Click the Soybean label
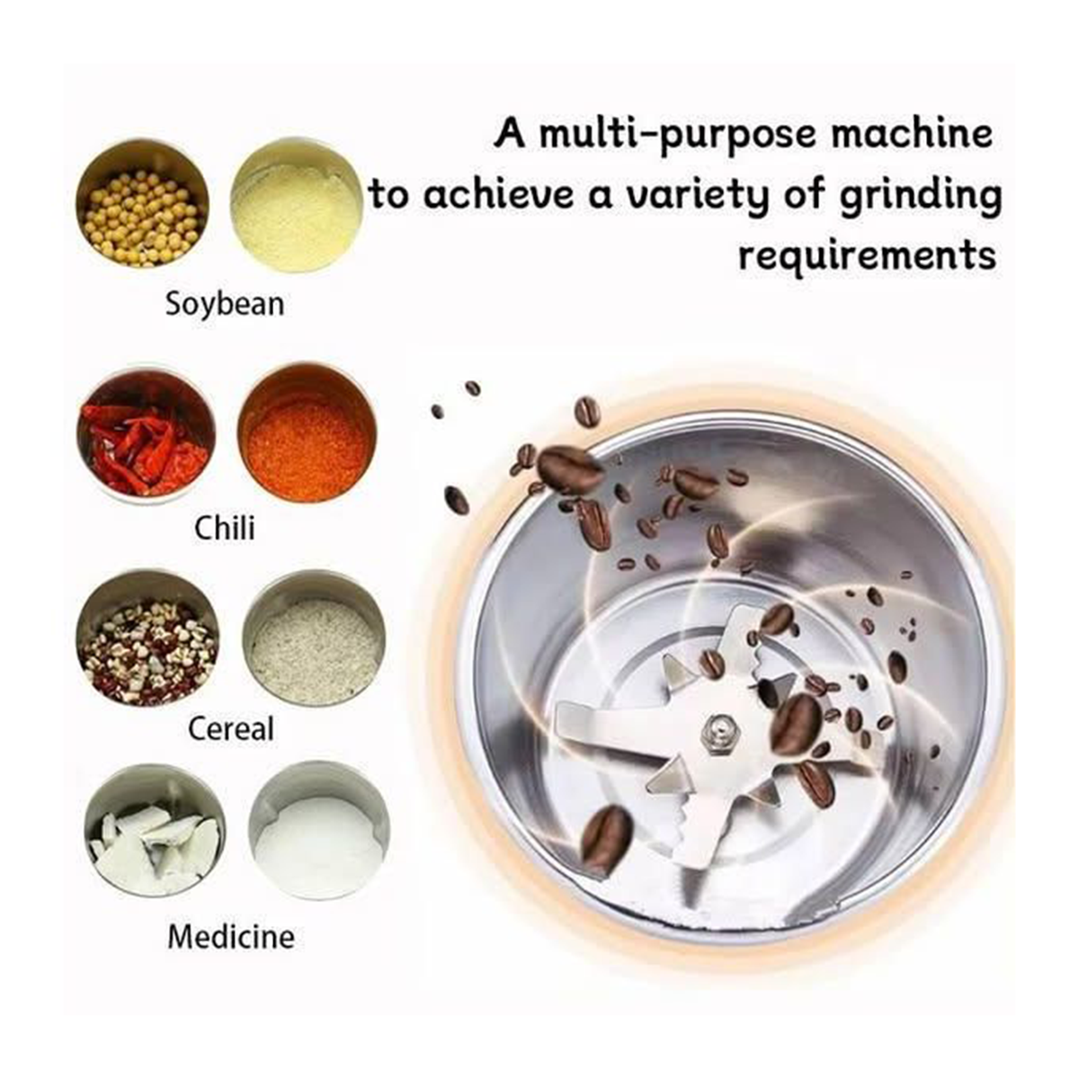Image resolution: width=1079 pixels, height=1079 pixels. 225,305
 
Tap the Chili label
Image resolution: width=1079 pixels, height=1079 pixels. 225,528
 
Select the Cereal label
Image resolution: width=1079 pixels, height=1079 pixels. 231,729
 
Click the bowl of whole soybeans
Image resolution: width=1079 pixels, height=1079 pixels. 143,203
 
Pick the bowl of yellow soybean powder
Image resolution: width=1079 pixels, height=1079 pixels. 296,207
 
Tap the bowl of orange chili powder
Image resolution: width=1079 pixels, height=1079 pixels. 308,432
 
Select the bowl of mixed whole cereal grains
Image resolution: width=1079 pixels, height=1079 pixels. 148,639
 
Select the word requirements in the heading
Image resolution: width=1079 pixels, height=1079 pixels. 867,257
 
